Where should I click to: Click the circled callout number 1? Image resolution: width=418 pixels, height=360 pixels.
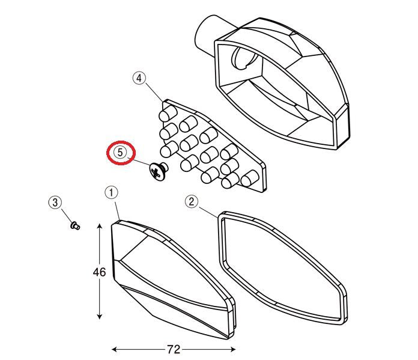pyautogui.click(x=111, y=193)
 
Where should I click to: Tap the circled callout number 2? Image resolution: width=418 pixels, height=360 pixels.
pyautogui.click(x=192, y=201)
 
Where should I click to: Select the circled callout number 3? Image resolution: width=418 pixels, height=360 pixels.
pyautogui.click(x=55, y=203)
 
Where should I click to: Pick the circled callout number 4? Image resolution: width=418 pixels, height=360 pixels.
pyautogui.click(x=139, y=79)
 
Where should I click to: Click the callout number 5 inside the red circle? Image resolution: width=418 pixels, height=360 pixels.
pyautogui.click(x=120, y=153)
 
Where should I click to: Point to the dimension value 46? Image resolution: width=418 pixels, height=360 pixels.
pyautogui.click(x=99, y=272)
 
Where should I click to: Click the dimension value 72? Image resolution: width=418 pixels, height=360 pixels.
pyautogui.click(x=174, y=349)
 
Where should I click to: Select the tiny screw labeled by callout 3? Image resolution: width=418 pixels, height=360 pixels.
pyautogui.click(x=75, y=226)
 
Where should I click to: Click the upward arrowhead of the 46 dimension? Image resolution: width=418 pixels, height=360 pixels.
pyautogui.click(x=100, y=227)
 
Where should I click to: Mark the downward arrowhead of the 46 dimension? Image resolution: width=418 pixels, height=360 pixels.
pyautogui.click(x=100, y=316)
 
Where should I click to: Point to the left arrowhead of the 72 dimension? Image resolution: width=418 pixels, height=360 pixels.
pyautogui.click(x=115, y=349)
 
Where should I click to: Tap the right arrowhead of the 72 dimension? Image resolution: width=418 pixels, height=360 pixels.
pyautogui.click(x=232, y=349)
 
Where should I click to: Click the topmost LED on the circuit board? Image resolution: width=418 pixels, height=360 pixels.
pyautogui.click(x=168, y=114)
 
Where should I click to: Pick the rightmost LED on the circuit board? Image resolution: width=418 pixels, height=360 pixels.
pyautogui.click(x=250, y=178)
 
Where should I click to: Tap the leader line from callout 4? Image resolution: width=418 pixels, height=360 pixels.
pyautogui.click(x=154, y=93)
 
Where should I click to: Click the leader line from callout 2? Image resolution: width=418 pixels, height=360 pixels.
pyautogui.click(x=208, y=212)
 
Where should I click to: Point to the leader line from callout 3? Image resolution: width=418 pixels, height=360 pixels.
pyautogui.click(x=67, y=216)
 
